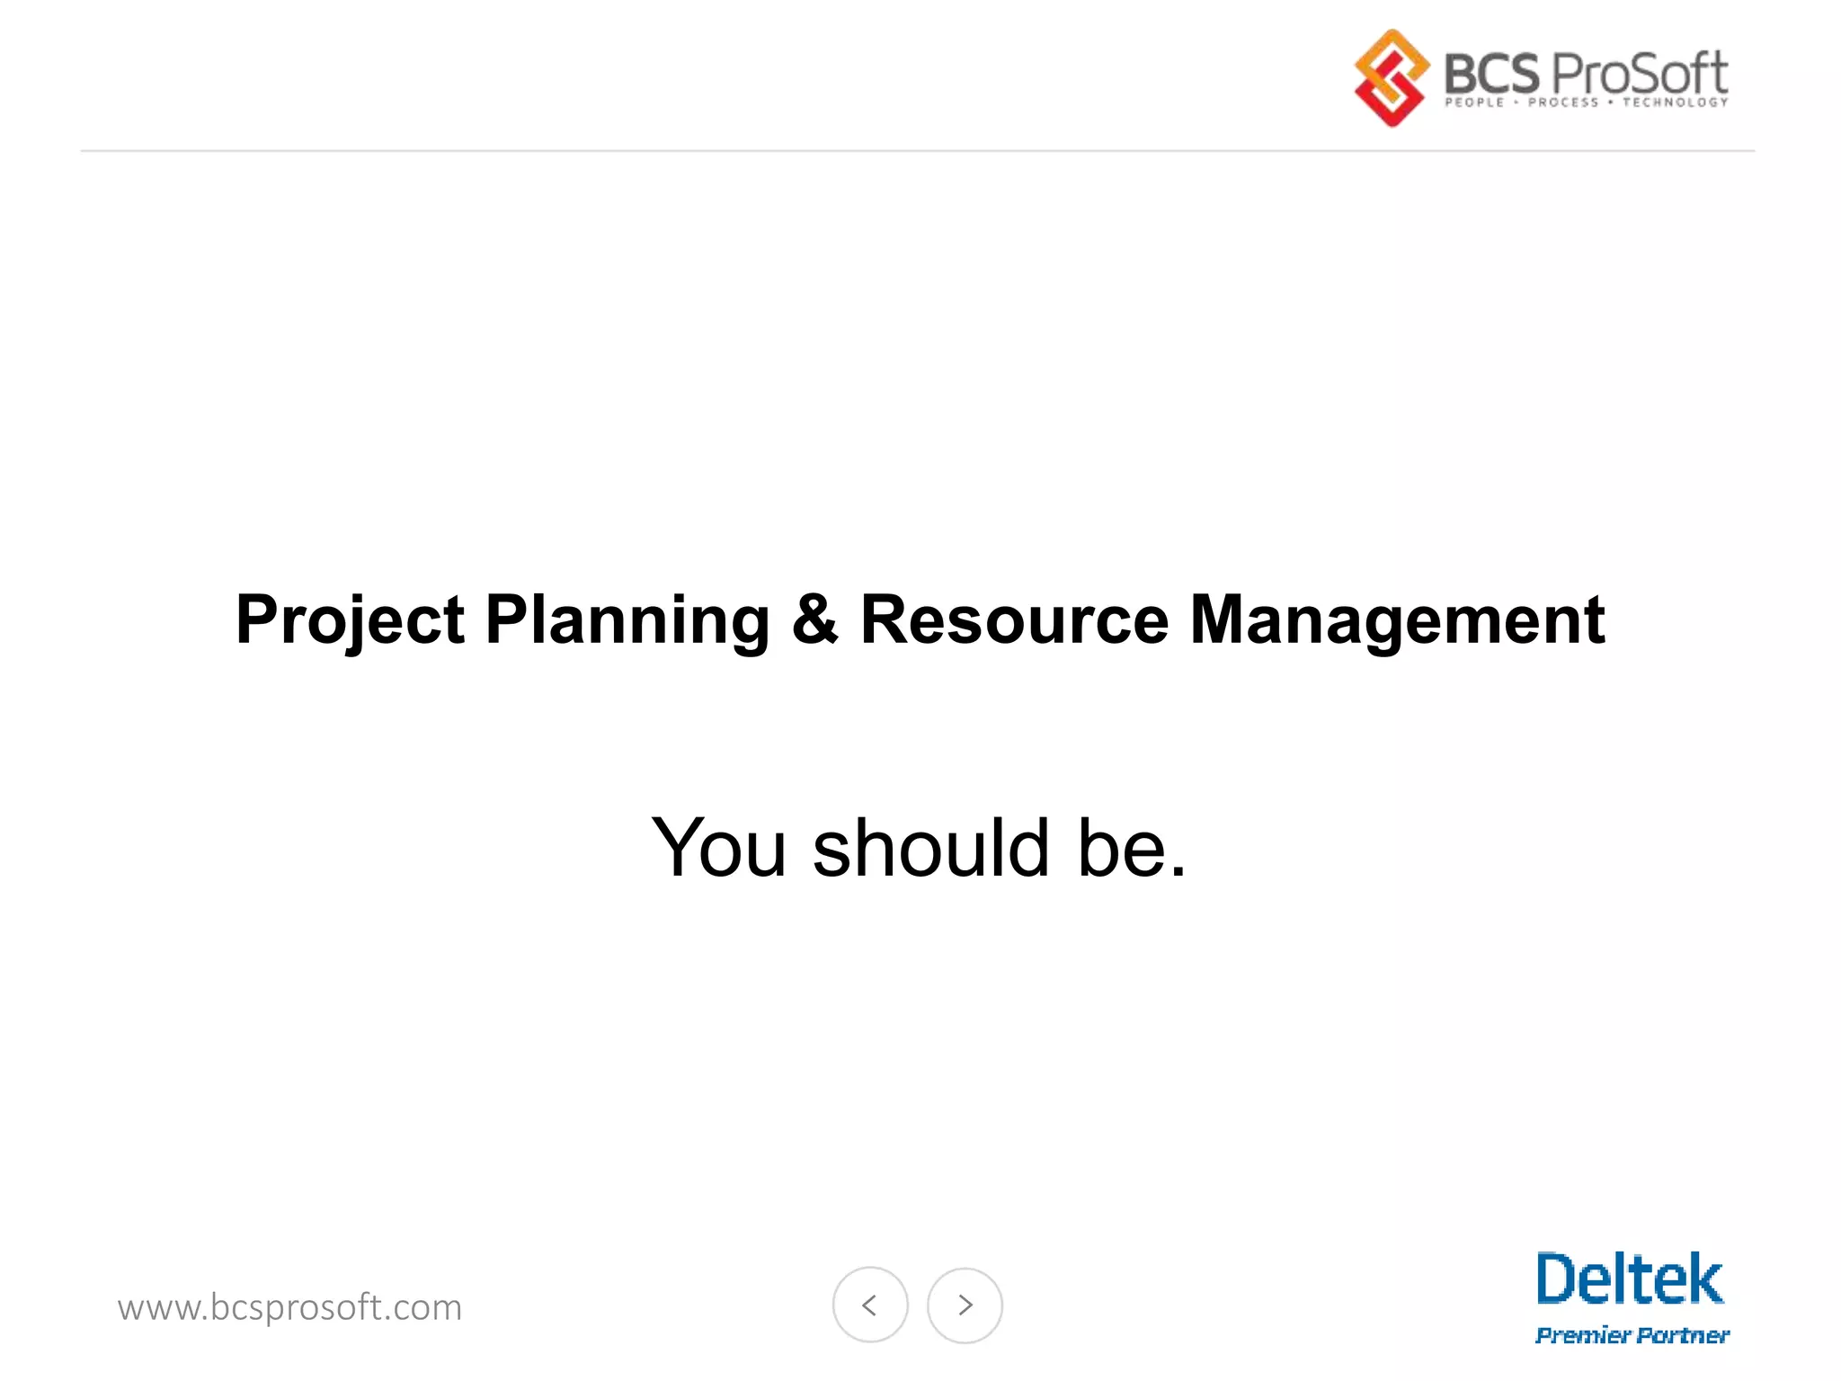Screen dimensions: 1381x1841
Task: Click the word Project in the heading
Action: tap(350, 620)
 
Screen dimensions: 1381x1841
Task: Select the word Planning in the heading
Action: tap(627, 620)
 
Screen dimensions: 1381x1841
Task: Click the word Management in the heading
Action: tap(1397, 620)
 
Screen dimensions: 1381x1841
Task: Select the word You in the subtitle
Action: tap(719, 847)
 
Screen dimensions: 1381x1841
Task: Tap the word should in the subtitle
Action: tap(931, 847)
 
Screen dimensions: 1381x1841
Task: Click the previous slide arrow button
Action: tap(870, 1305)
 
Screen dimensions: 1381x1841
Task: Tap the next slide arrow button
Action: tap(965, 1305)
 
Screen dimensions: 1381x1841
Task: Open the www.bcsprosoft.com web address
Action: tap(289, 1307)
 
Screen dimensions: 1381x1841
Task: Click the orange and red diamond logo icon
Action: tap(1391, 77)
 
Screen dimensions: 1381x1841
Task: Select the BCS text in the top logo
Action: tap(1490, 73)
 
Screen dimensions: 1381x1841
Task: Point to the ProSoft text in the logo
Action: tap(1639, 73)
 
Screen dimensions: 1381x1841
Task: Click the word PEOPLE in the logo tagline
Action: tap(1474, 102)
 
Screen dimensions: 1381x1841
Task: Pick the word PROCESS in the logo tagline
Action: tap(1563, 102)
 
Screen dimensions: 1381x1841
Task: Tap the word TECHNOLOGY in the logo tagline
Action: tap(1676, 102)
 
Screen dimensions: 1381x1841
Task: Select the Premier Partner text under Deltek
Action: tap(1632, 1335)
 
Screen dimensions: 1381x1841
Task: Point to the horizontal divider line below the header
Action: tap(917, 151)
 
